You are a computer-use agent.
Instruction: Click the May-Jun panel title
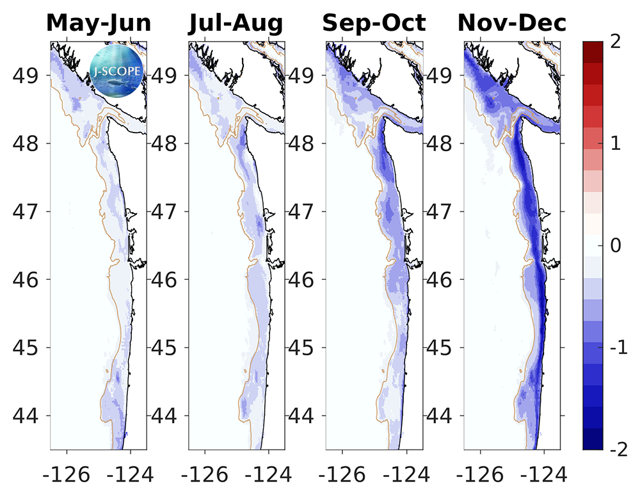[x=99, y=23]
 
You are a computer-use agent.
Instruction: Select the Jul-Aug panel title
[x=236, y=23]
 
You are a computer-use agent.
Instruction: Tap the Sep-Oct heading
[x=374, y=23]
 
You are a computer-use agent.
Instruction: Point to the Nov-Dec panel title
[x=511, y=23]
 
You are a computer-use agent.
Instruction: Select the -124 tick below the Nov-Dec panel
[x=543, y=475]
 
